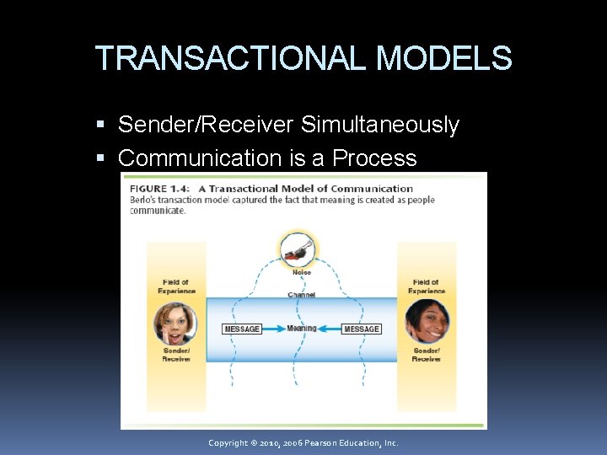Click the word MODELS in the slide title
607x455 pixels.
coord(443,59)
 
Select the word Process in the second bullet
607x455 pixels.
coord(374,158)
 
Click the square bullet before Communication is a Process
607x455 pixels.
coord(102,158)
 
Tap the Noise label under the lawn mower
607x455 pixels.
coord(301,272)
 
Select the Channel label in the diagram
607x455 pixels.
coord(301,295)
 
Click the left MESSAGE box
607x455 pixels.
coord(242,329)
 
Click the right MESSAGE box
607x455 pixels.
coord(362,329)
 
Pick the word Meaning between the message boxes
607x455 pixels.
coord(302,329)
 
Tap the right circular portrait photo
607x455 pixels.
coord(427,321)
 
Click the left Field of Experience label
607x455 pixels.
coord(176,286)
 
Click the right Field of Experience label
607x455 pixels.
coord(427,286)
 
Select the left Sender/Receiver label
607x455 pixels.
coord(176,355)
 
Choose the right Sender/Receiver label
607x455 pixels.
coord(427,355)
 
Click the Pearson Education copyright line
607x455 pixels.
coord(303,443)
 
